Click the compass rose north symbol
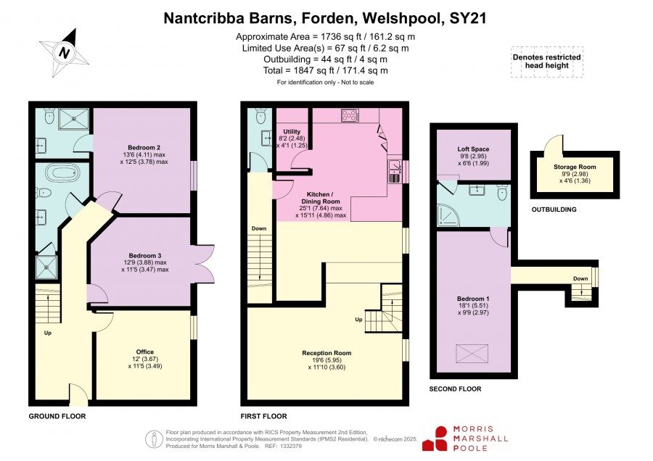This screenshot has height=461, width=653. (x=64, y=53)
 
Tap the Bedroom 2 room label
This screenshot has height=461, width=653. (x=144, y=147)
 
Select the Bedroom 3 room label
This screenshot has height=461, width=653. (x=145, y=255)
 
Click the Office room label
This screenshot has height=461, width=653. (x=145, y=352)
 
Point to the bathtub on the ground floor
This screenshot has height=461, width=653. (x=62, y=173)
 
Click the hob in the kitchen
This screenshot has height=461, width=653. (x=350, y=115)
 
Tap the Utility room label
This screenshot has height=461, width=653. (x=292, y=131)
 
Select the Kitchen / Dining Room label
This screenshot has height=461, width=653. (x=320, y=198)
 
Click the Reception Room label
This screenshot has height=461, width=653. (x=326, y=353)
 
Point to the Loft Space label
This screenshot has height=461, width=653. (x=473, y=149)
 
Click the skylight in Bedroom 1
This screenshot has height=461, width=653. (x=472, y=354)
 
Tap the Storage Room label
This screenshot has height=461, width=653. (x=575, y=167)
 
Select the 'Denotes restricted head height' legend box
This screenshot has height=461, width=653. (x=547, y=62)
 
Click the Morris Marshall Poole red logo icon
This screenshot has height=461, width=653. (x=435, y=439)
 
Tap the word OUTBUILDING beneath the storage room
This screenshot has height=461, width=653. (x=554, y=209)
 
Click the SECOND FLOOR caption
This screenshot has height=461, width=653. (x=455, y=389)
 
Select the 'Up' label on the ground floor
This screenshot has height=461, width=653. (x=48, y=333)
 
